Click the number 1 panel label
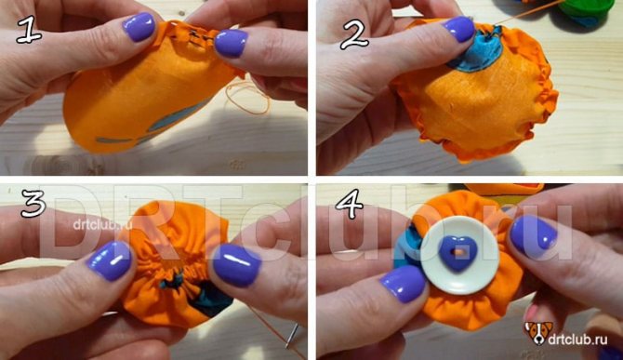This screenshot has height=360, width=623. point(29,30)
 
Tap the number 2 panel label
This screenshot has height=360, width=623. point(354,34)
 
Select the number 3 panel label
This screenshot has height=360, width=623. point(33,204)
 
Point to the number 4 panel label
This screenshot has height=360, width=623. point(350,204)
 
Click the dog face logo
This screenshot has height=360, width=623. point(538,333)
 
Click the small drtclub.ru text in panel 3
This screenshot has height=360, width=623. point(102,225)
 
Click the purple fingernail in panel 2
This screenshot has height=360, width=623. point(458,29)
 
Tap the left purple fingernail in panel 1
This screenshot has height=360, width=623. point(139,27)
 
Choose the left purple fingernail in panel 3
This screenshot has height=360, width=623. point(110,261)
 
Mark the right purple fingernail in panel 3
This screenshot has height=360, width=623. point(237,265)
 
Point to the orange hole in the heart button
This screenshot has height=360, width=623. point(458,252)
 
